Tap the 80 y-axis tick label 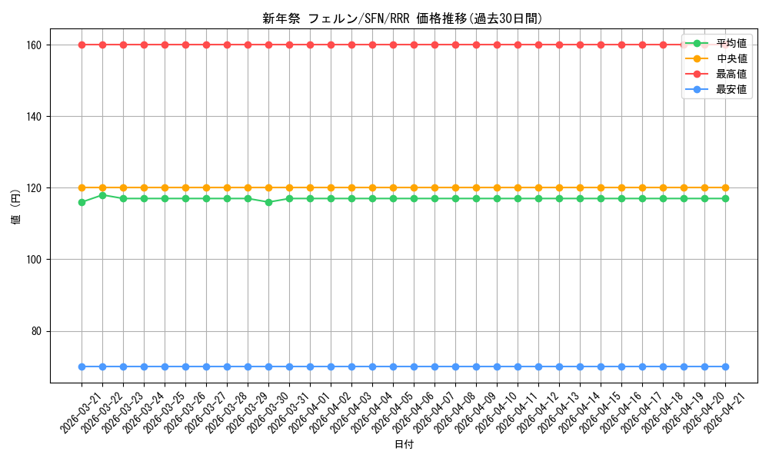[x=38, y=331]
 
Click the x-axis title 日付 [x=404, y=445]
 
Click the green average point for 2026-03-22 [x=102, y=195]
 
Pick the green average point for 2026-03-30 [x=268, y=202]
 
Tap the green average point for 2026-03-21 [x=82, y=202]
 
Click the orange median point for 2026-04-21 [x=725, y=187]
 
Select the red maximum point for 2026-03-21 [x=82, y=45]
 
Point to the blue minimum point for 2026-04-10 [x=497, y=366]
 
